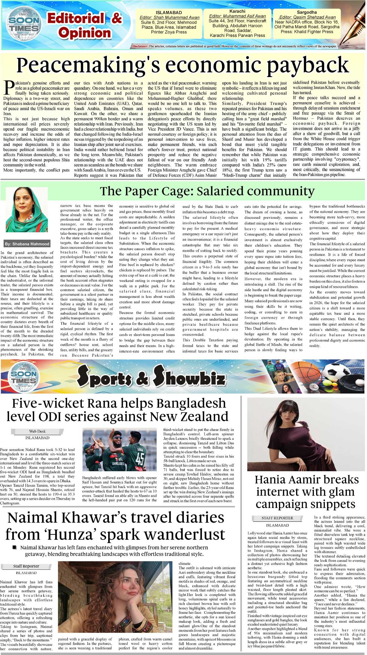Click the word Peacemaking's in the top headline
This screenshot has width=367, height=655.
click(86, 65)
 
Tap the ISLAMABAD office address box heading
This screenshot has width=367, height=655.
click(169, 13)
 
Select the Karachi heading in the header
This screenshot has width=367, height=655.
click(237, 11)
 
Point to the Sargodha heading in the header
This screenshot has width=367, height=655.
click(307, 12)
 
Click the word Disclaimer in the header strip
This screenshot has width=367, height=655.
click(140, 46)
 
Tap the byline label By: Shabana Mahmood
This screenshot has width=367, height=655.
click(27, 244)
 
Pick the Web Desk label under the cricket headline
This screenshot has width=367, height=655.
click(37, 431)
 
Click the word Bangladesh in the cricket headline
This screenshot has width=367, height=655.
click(191, 404)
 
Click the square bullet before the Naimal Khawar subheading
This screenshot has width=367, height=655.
click(15, 547)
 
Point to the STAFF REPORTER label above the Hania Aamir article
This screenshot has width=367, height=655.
click(277, 518)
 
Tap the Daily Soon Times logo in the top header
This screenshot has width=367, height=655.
click(24, 24)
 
